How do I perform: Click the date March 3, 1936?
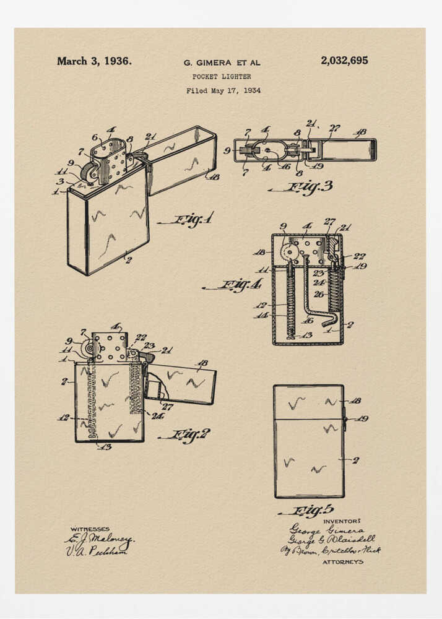[94, 61]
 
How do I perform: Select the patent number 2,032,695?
[344, 61]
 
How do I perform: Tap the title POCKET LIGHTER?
[222, 77]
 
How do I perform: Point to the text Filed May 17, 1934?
[223, 90]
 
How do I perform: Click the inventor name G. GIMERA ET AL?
[222, 63]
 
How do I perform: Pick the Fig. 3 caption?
[303, 188]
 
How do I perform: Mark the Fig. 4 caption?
[234, 285]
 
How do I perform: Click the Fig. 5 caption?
[308, 511]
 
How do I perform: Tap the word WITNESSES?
[90, 529]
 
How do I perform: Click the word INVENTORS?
[342, 521]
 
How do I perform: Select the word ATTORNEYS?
[343, 562]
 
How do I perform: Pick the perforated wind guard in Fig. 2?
[110, 348]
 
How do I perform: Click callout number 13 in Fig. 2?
[105, 446]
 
